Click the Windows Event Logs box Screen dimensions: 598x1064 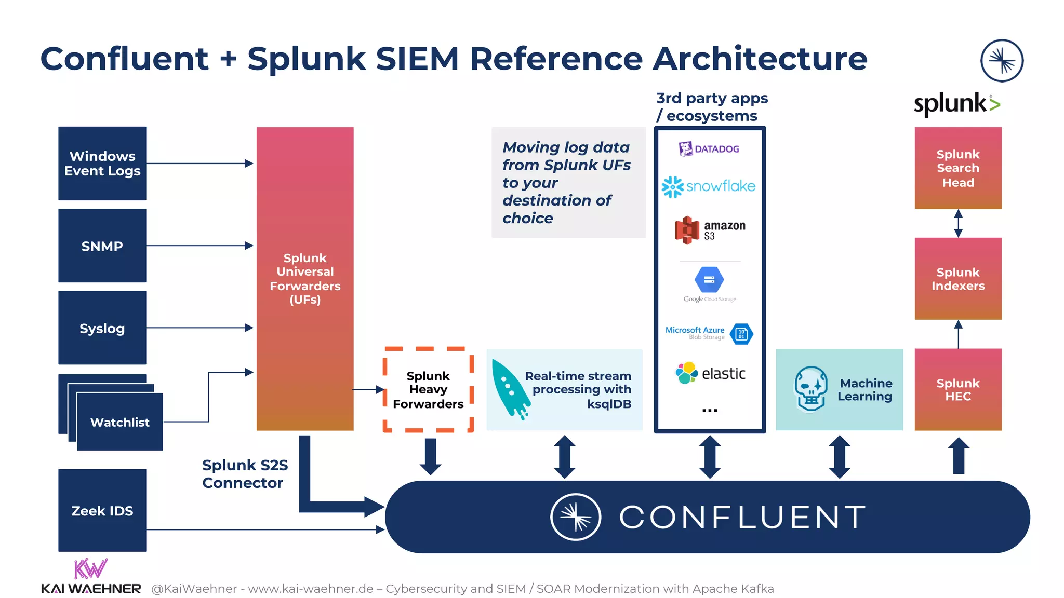point(102,164)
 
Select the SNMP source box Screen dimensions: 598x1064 point(102,246)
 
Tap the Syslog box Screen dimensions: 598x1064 point(102,328)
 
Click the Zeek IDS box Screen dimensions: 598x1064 point(102,510)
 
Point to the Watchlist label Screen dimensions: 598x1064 point(119,422)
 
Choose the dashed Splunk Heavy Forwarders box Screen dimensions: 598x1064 point(428,389)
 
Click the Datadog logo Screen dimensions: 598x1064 point(709,149)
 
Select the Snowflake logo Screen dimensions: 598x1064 point(709,186)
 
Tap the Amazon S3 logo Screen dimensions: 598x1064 point(709,230)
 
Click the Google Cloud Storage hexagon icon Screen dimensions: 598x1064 point(709,280)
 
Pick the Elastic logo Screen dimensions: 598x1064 point(710,373)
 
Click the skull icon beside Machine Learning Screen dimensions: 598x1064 point(810,389)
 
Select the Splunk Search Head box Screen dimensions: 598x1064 point(957,168)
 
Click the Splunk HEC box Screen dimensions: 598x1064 point(957,389)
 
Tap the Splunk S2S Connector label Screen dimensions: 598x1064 point(244,473)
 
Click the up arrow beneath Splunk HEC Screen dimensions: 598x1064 point(959,455)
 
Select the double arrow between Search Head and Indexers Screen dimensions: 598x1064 point(958,223)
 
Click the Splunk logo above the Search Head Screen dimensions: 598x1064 point(956,104)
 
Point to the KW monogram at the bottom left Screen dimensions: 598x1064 point(90,569)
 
